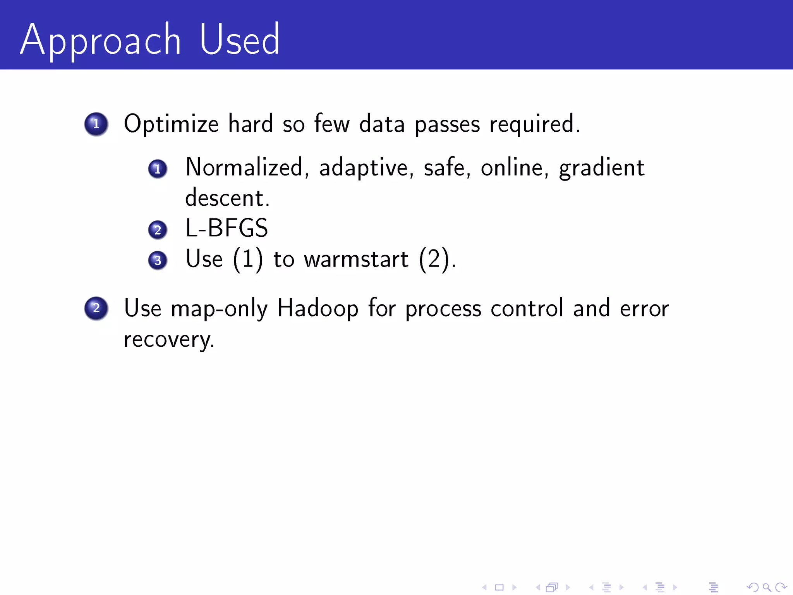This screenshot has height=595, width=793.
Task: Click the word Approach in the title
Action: click(x=101, y=41)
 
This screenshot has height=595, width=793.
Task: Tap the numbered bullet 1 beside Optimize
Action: click(x=96, y=124)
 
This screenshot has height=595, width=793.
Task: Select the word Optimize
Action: click(x=171, y=124)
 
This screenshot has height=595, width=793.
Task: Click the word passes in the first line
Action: click(x=447, y=125)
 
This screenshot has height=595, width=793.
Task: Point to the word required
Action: click(x=534, y=125)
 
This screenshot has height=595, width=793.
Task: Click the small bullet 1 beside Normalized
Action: click(x=158, y=169)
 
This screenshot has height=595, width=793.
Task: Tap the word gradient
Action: click(x=602, y=169)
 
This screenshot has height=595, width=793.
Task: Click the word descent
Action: click(x=227, y=198)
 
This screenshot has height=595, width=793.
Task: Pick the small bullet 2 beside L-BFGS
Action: click(x=158, y=230)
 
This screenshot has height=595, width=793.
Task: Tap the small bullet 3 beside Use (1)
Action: click(x=158, y=260)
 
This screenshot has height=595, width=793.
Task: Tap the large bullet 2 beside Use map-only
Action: click(x=96, y=308)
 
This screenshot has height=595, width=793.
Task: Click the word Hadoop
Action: click(x=318, y=308)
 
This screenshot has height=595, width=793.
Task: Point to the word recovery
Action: click(x=168, y=340)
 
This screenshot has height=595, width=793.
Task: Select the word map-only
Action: click(x=219, y=309)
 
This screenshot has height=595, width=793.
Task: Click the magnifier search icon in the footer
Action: click(x=767, y=587)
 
